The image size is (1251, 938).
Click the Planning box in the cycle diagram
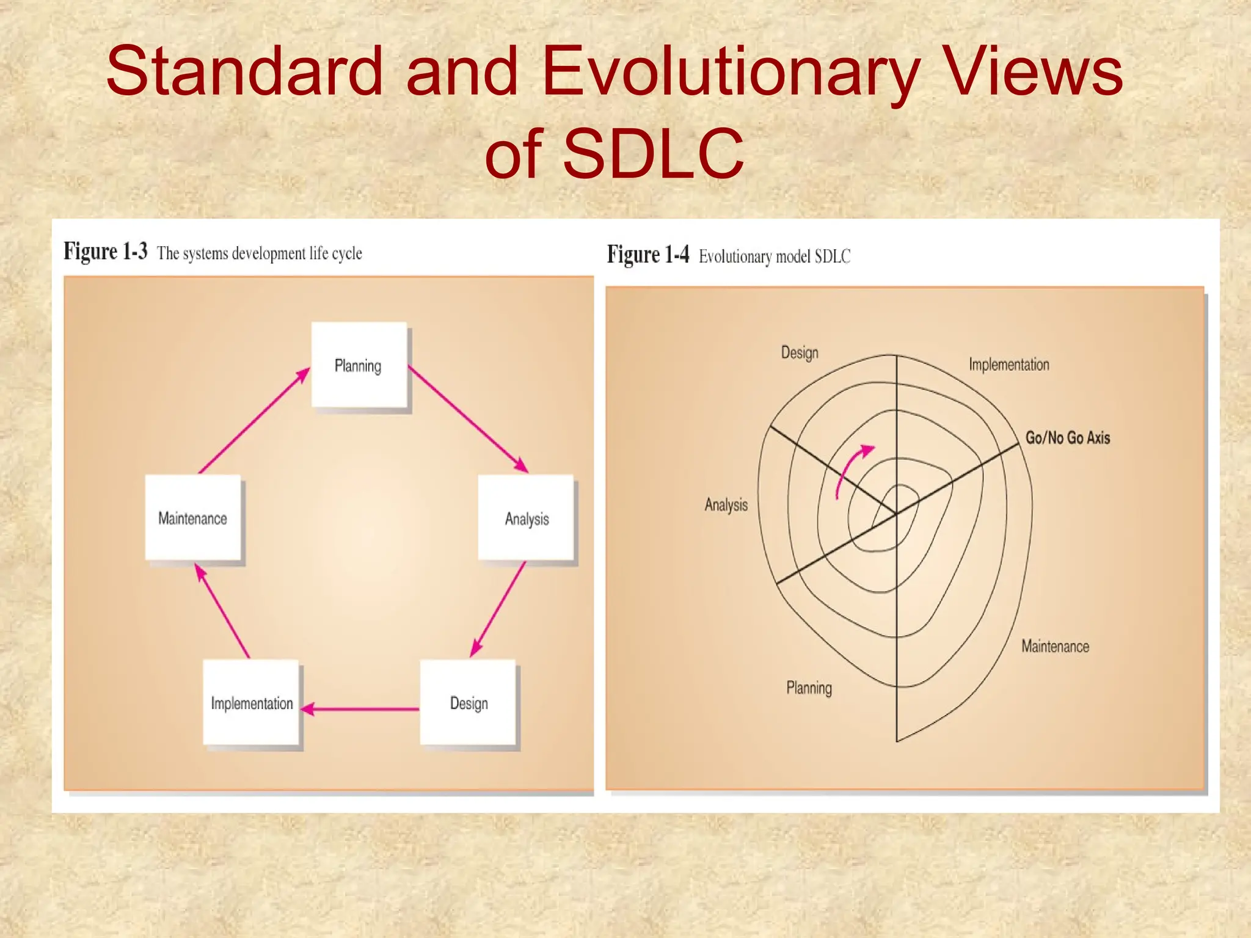(x=359, y=365)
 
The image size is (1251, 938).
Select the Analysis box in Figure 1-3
(x=526, y=517)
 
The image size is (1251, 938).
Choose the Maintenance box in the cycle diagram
(x=193, y=517)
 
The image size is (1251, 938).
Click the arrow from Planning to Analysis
(x=467, y=419)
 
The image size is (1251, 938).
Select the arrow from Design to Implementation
(x=360, y=709)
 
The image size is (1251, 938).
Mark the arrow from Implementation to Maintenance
(x=222, y=611)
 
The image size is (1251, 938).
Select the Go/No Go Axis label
(x=1067, y=437)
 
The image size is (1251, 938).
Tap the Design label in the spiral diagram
(x=799, y=352)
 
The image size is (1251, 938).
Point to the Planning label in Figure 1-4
(x=809, y=688)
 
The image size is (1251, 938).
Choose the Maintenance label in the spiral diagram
(x=1055, y=646)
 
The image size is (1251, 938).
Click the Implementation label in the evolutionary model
(x=1008, y=365)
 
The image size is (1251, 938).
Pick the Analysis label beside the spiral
(x=726, y=504)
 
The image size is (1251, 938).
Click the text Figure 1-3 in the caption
(x=106, y=251)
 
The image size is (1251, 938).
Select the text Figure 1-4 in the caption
(x=647, y=255)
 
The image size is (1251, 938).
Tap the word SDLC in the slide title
(x=653, y=153)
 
